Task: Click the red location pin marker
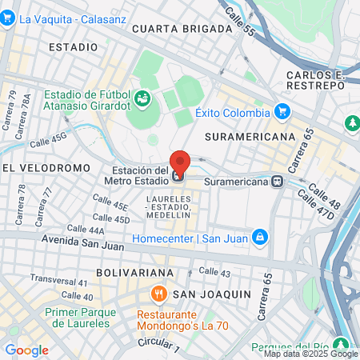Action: (179, 162)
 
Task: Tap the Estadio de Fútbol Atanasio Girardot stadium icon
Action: (142, 99)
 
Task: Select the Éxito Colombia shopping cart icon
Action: (282, 112)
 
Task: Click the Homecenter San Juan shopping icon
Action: (259, 237)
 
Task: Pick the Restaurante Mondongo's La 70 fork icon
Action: (159, 294)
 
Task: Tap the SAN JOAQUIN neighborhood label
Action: (211, 294)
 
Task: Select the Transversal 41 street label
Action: (58, 282)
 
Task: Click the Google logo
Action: (26, 350)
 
